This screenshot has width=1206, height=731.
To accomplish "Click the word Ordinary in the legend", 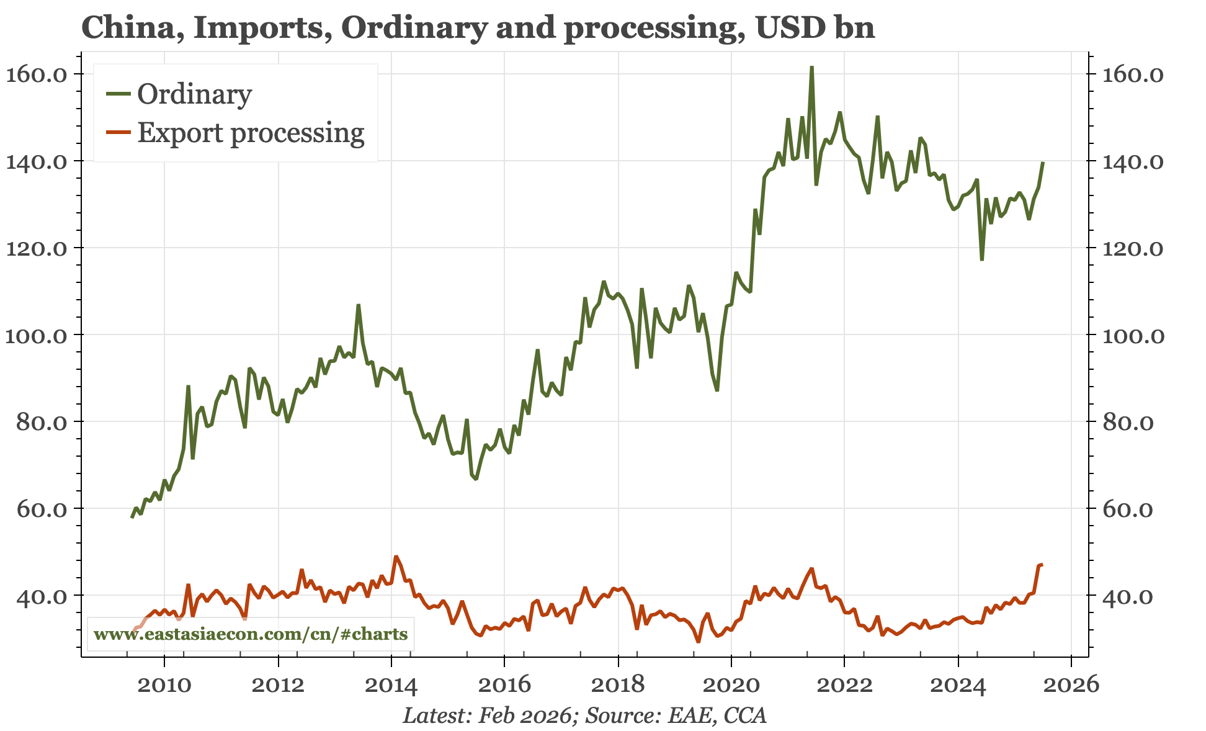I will pos(194,94).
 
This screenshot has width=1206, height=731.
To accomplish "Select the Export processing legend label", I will pos(251,133).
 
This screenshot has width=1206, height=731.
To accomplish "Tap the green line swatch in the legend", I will pos(118,94).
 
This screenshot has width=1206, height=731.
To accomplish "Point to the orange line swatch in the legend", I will pos(118,132).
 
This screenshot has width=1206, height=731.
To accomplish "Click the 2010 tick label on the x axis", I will pos(164,685).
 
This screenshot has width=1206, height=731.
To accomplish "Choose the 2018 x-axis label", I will pos(618,685).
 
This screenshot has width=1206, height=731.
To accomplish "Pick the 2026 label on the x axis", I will pos(1071,685).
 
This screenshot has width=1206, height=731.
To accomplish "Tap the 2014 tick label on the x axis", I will pos(391,685).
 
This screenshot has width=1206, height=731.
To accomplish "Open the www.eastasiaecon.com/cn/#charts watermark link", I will pos(251,634).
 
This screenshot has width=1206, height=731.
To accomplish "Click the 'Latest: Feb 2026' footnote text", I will pos(487,715).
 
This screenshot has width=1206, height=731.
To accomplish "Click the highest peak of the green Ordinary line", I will pos(811,67).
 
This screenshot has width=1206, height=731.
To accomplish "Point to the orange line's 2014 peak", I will pos(396,557).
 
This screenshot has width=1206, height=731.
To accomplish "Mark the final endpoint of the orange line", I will pos(1042,565).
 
